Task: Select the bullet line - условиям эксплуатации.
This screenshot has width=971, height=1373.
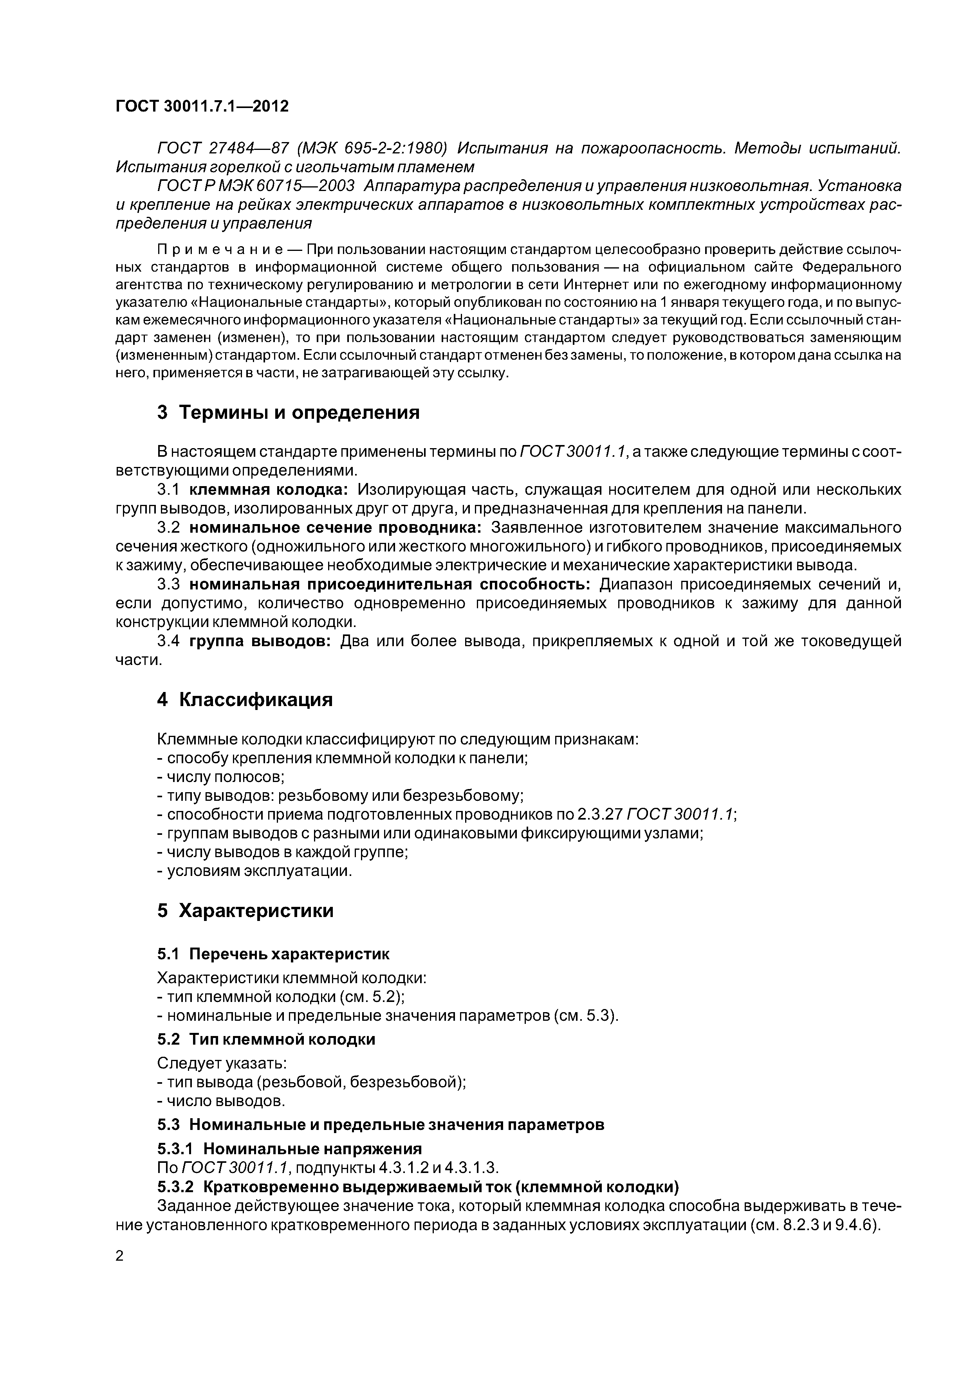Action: [254, 871]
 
